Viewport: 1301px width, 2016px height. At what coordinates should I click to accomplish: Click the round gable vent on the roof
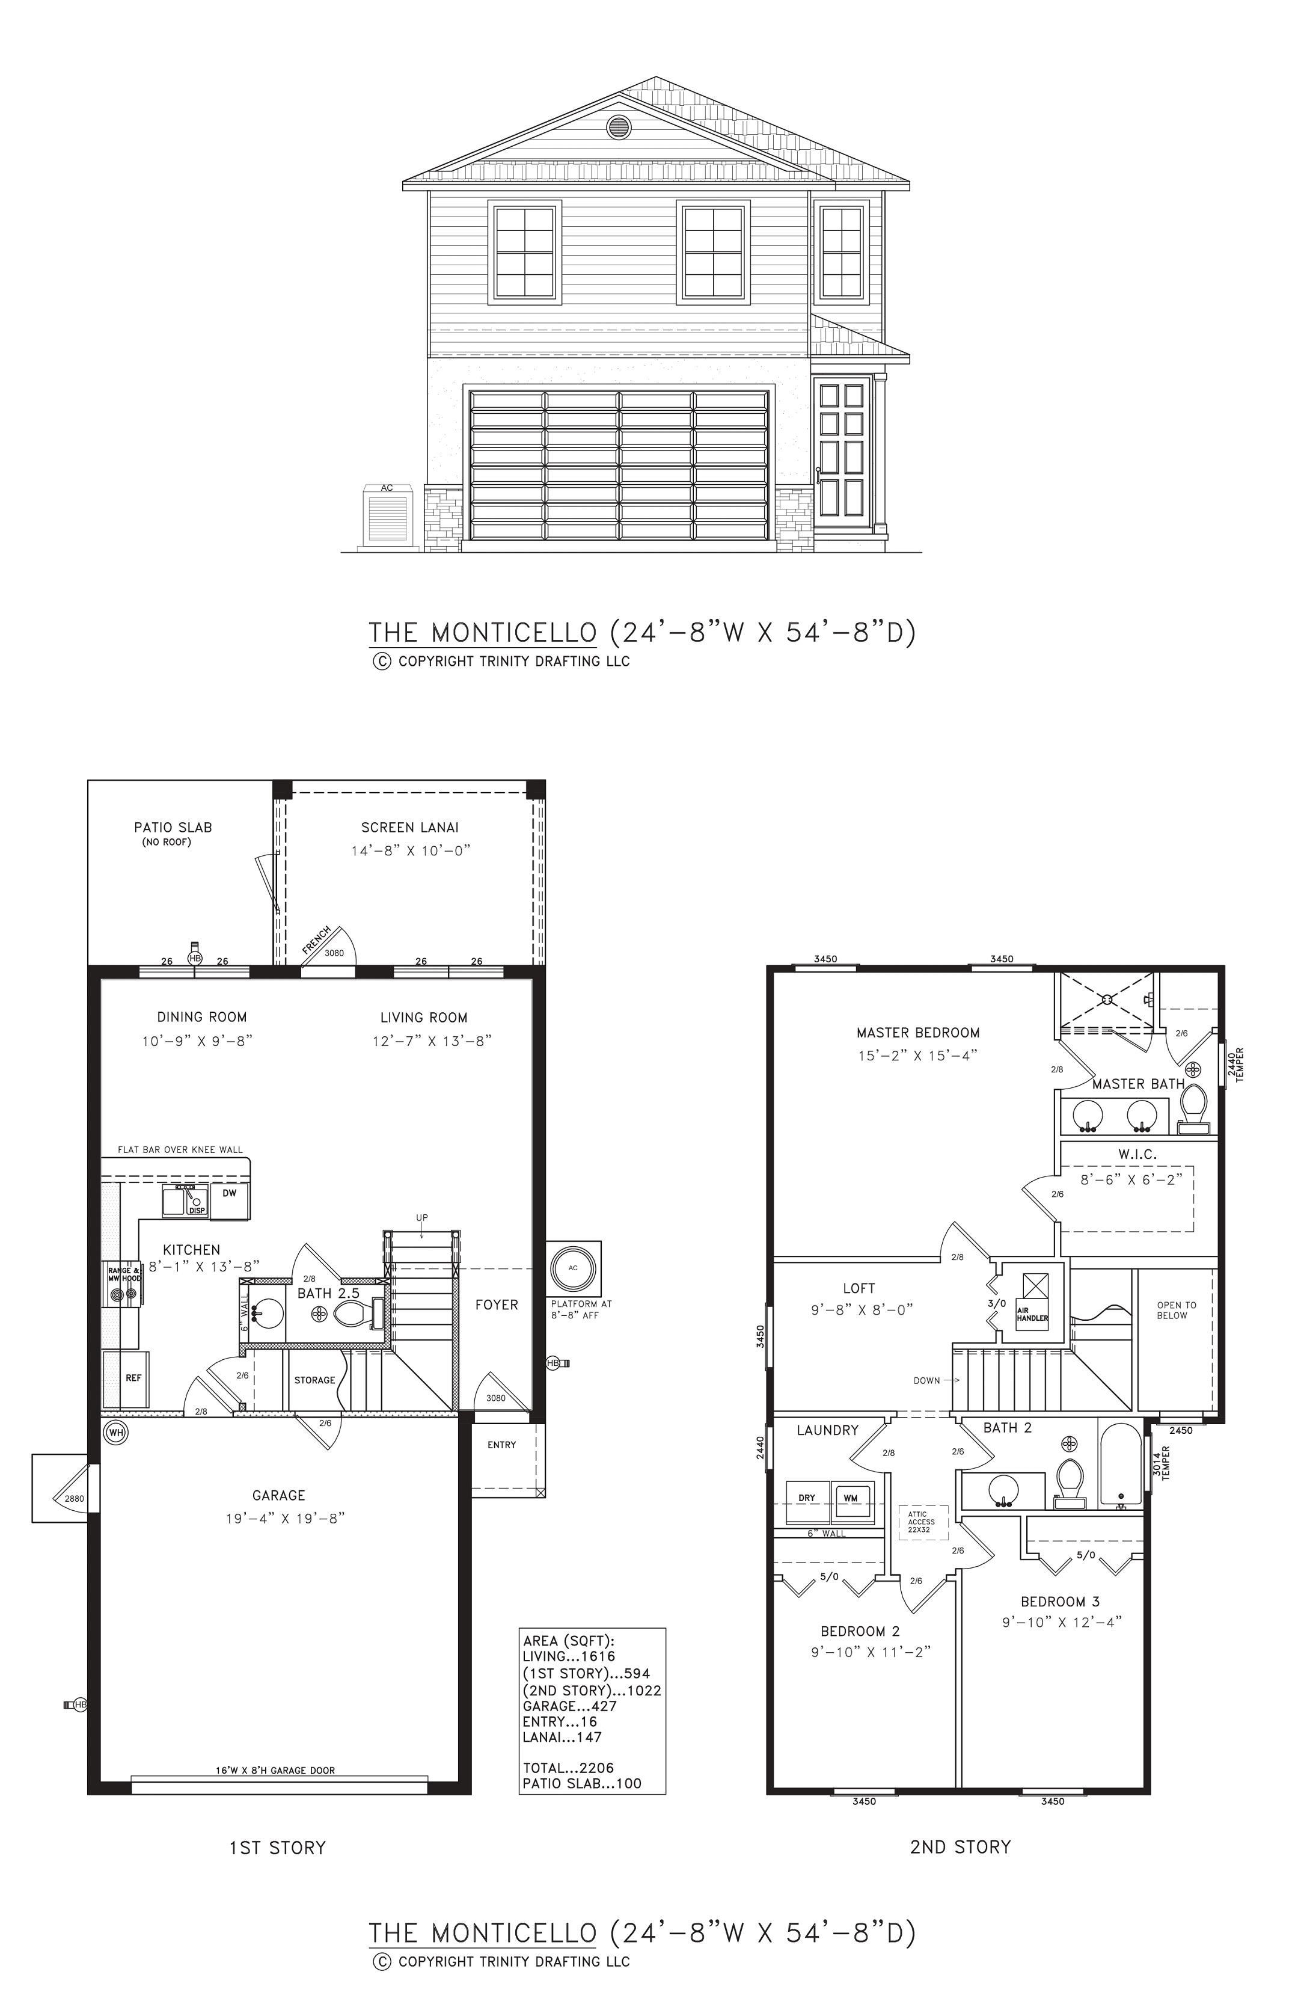[x=619, y=128]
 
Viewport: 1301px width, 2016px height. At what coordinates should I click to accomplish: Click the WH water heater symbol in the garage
[x=115, y=1432]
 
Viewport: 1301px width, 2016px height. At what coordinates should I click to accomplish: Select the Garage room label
[x=279, y=1495]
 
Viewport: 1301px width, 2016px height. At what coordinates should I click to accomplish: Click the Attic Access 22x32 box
[x=922, y=1522]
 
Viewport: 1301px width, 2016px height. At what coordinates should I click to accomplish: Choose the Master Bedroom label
[x=918, y=1033]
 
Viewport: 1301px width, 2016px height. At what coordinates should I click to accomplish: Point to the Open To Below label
[x=1176, y=1311]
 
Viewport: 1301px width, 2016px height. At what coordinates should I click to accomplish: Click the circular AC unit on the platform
[x=573, y=1269]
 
